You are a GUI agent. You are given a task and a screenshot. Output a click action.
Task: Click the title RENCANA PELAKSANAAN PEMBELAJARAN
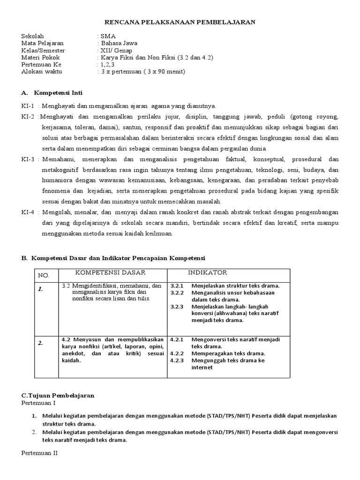[180, 22]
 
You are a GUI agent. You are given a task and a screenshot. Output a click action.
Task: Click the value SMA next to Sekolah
[106, 36]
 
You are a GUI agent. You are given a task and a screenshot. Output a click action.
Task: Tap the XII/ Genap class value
[116, 50]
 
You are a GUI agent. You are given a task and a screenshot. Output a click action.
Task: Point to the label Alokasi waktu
[42, 71]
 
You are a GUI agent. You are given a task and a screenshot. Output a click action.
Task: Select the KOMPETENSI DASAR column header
[111, 273]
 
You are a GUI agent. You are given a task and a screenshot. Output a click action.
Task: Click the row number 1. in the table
[41, 289]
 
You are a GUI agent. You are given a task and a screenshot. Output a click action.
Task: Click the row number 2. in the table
[41, 343]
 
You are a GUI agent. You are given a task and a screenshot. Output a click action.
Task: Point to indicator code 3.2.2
[177, 292]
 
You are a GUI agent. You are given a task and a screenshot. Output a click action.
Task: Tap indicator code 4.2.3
[177, 360]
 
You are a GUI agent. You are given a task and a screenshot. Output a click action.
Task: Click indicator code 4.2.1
[177, 339]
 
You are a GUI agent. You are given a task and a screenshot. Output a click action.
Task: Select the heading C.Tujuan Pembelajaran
[58, 395]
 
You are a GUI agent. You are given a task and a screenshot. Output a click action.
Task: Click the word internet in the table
[202, 367]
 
